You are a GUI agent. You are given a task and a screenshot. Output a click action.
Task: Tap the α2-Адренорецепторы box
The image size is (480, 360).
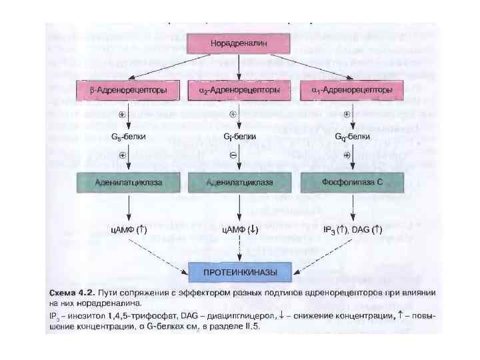pyautogui.click(x=239, y=89)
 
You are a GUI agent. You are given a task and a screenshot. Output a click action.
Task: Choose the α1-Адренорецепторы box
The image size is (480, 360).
pyautogui.click(x=351, y=89)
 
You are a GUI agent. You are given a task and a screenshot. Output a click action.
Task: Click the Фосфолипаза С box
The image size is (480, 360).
pyautogui.click(x=351, y=181)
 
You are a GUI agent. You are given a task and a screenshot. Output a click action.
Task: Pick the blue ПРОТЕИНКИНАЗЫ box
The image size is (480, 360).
pyautogui.click(x=239, y=271)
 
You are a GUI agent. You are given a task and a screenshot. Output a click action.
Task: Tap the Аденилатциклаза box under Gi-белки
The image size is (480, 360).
pyautogui.click(x=239, y=181)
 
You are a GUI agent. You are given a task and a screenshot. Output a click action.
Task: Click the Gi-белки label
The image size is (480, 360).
pyautogui.click(x=239, y=136)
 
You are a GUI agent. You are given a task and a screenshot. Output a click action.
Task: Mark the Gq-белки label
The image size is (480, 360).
pyautogui.click(x=351, y=136)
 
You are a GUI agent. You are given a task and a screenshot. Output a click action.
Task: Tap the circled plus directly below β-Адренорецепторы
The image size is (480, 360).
pyautogui.click(x=121, y=115)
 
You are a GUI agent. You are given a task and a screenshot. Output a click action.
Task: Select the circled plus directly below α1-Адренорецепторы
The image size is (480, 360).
pyautogui.click(x=347, y=115)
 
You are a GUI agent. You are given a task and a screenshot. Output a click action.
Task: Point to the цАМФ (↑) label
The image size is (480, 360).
pyautogui.click(x=127, y=229)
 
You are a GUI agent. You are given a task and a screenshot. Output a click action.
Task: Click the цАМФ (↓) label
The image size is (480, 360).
pyautogui.click(x=239, y=229)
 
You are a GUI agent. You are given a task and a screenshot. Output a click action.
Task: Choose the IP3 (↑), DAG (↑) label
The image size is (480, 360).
pyautogui.click(x=352, y=229)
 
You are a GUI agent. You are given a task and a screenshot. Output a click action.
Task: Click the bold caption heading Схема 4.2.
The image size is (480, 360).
pyautogui.click(x=71, y=293)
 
